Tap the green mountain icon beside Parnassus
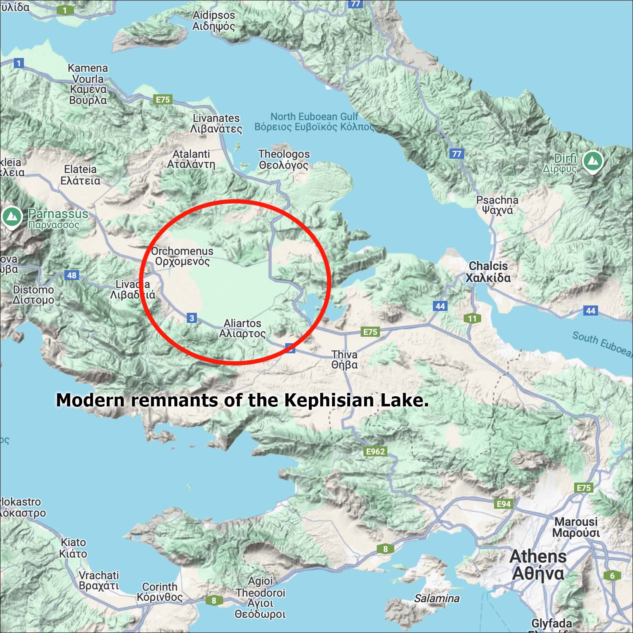click(x=12, y=217)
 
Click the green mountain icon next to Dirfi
click(x=592, y=161)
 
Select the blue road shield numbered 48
click(x=72, y=275)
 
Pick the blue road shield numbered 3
click(x=192, y=318)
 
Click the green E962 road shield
click(x=375, y=452)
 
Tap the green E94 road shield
click(x=503, y=504)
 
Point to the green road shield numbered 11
click(x=472, y=319)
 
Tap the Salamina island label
click(x=437, y=598)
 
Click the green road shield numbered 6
click(x=612, y=575)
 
